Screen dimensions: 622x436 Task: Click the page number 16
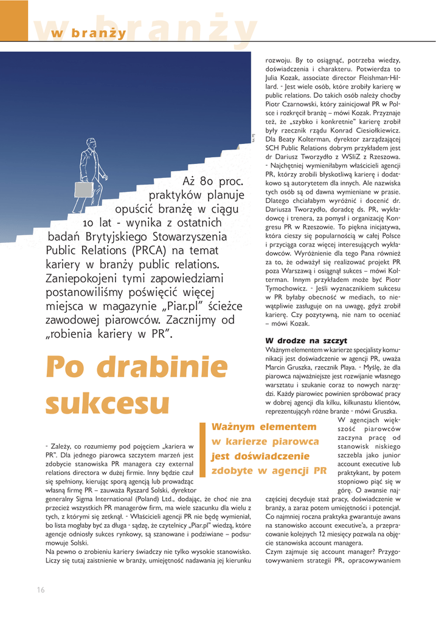tap(41, 590)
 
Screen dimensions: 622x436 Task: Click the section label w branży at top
tap(89, 33)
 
